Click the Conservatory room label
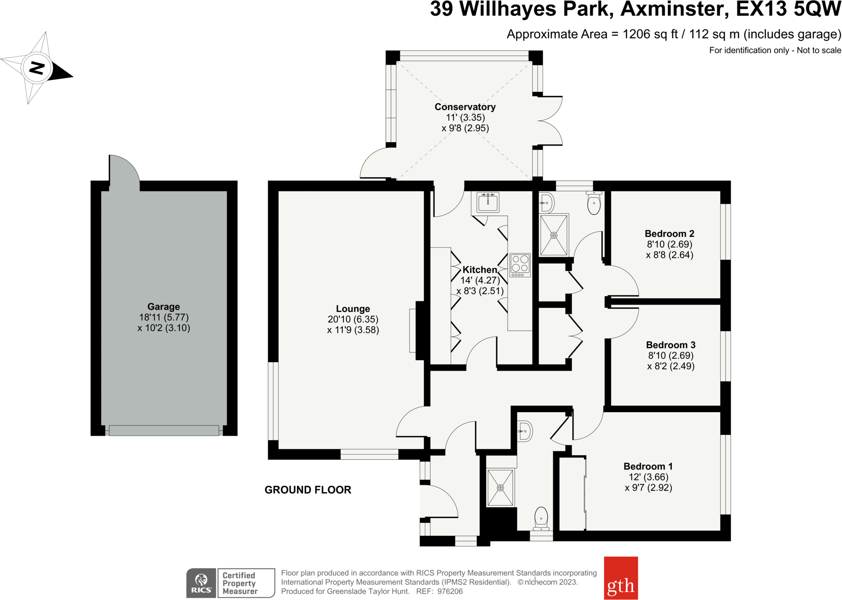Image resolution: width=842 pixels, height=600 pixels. [x=465, y=107]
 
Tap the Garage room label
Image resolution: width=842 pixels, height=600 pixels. [x=163, y=306]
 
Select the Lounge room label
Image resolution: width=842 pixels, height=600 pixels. [x=353, y=309]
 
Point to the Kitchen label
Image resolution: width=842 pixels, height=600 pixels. [x=479, y=269]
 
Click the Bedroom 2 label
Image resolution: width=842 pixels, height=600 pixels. [x=670, y=233]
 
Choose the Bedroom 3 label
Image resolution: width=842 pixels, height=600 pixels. [x=670, y=345]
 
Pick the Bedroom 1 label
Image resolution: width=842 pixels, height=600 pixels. [x=648, y=466]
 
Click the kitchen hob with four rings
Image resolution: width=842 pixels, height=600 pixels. [x=520, y=265]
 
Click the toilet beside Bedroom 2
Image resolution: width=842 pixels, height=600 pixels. [x=594, y=203]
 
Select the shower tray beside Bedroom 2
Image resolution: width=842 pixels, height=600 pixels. [x=554, y=235]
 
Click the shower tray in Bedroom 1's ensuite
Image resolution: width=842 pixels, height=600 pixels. [x=500, y=488]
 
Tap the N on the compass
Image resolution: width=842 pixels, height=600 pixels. [x=37, y=68]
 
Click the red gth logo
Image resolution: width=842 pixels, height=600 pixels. [x=621, y=578]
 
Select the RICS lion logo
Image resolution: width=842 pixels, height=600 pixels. [x=201, y=583]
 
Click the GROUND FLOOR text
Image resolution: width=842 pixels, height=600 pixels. [x=308, y=490]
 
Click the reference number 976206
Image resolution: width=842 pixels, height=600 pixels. [x=450, y=592]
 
